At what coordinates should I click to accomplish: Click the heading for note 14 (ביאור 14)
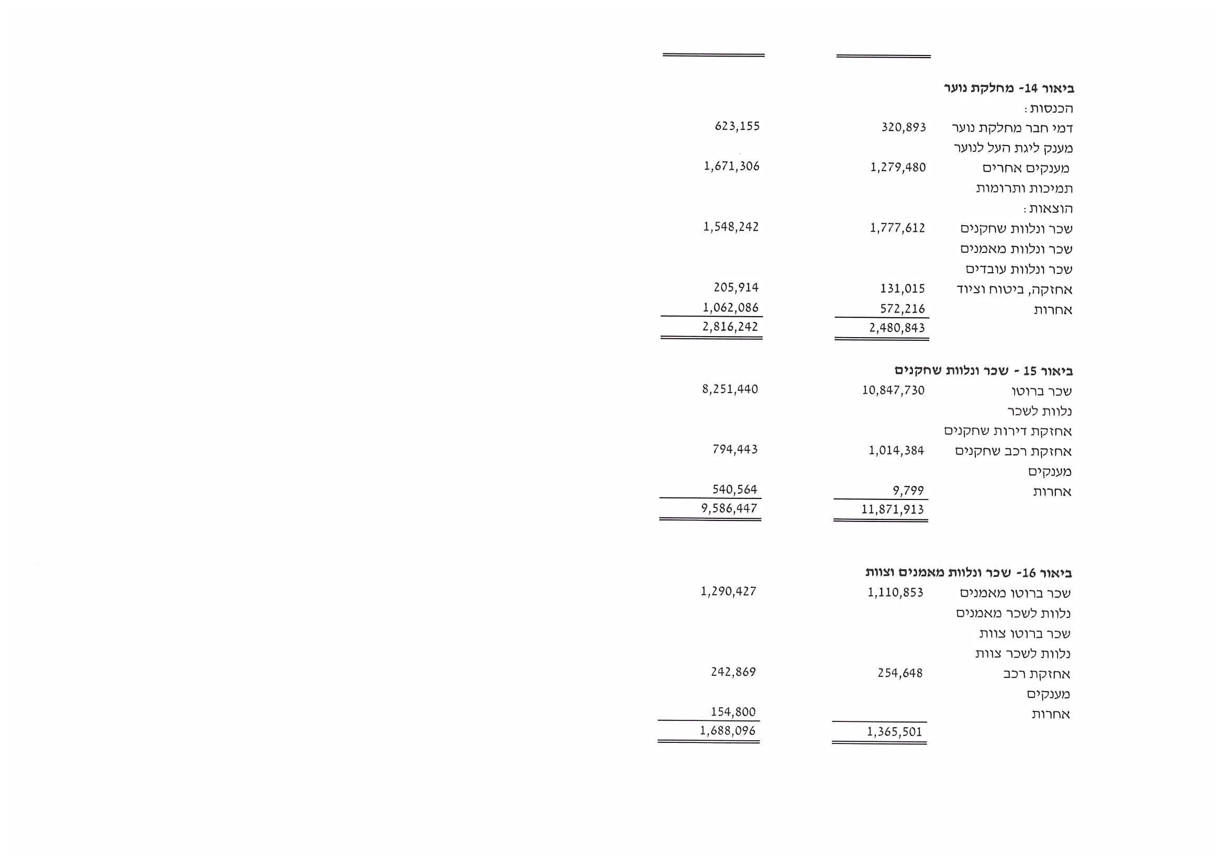pyautogui.click(x=1009, y=88)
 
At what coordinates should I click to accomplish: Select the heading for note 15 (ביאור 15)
pyautogui.click(x=984, y=371)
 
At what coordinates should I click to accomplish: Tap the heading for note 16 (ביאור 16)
pyautogui.click(x=969, y=573)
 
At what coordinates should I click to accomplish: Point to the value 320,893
pyautogui.click(x=903, y=128)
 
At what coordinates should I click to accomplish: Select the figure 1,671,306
pyautogui.click(x=731, y=166)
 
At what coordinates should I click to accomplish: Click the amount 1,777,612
pyautogui.click(x=897, y=228)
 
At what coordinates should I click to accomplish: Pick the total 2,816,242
pyautogui.click(x=730, y=327)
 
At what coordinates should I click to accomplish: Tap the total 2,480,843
pyautogui.click(x=897, y=328)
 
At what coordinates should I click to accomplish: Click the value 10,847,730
pyautogui.click(x=893, y=390)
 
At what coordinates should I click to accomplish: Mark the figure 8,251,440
pyautogui.click(x=730, y=389)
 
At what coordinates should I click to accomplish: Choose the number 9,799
pyautogui.click(x=908, y=491)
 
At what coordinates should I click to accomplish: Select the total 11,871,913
pyautogui.click(x=893, y=510)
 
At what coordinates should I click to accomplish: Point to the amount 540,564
pyautogui.click(x=735, y=490)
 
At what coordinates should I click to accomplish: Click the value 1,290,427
pyautogui.click(x=729, y=592)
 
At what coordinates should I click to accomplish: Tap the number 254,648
pyautogui.click(x=900, y=673)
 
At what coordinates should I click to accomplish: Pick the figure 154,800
pyautogui.click(x=733, y=712)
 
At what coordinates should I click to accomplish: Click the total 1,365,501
pyautogui.click(x=895, y=732)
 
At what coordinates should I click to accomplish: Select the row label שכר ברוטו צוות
pyautogui.click(x=1025, y=633)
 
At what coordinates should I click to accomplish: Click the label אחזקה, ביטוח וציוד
pyautogui.click(x=1014, y=290)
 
